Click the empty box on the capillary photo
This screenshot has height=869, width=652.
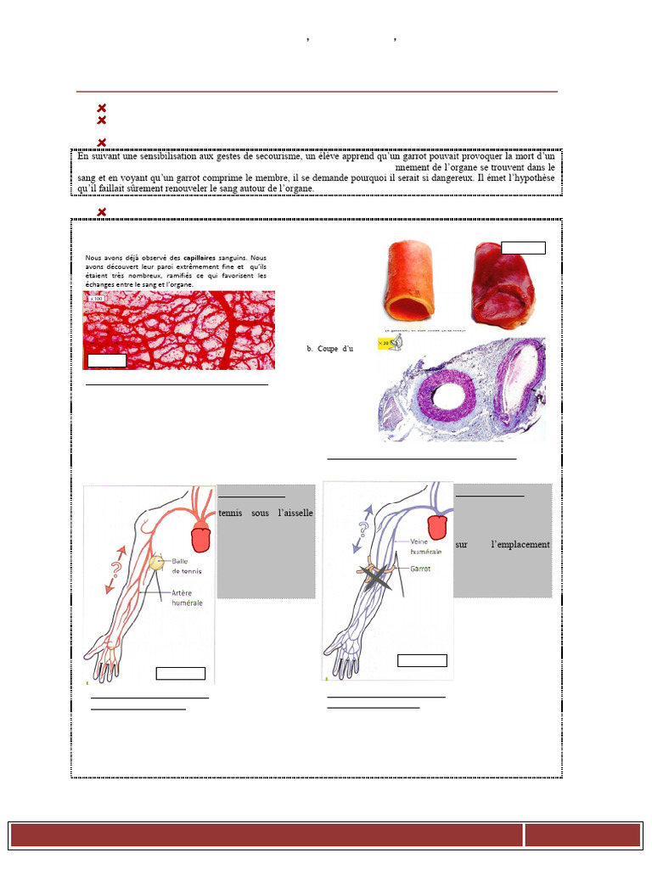tap(106, 361)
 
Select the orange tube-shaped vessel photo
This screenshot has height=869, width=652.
tap(413, 275)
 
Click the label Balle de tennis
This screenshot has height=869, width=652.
tap(188, 566)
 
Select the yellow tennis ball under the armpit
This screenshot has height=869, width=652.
tap(156, 562)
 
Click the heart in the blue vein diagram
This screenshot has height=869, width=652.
tap(437, 525)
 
